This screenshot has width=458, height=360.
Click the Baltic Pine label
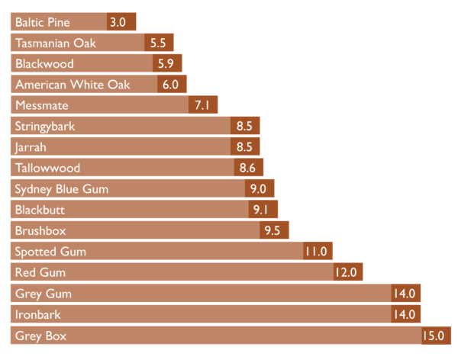pos(43,22)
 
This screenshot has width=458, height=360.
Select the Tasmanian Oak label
pos(56,43)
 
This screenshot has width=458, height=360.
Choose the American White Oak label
pos(73,85)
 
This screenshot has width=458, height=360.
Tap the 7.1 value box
pos(203,105)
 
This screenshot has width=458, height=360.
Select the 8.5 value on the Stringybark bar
pos(245,126)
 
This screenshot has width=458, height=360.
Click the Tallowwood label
pos(47,168)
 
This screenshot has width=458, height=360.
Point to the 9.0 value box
pos(260,188)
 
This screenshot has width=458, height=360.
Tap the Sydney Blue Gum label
pos(63,188)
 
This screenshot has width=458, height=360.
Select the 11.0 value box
pos(318,251)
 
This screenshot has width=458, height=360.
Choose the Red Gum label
pos(40,272)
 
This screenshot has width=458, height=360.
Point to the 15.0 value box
pos(436,335)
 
